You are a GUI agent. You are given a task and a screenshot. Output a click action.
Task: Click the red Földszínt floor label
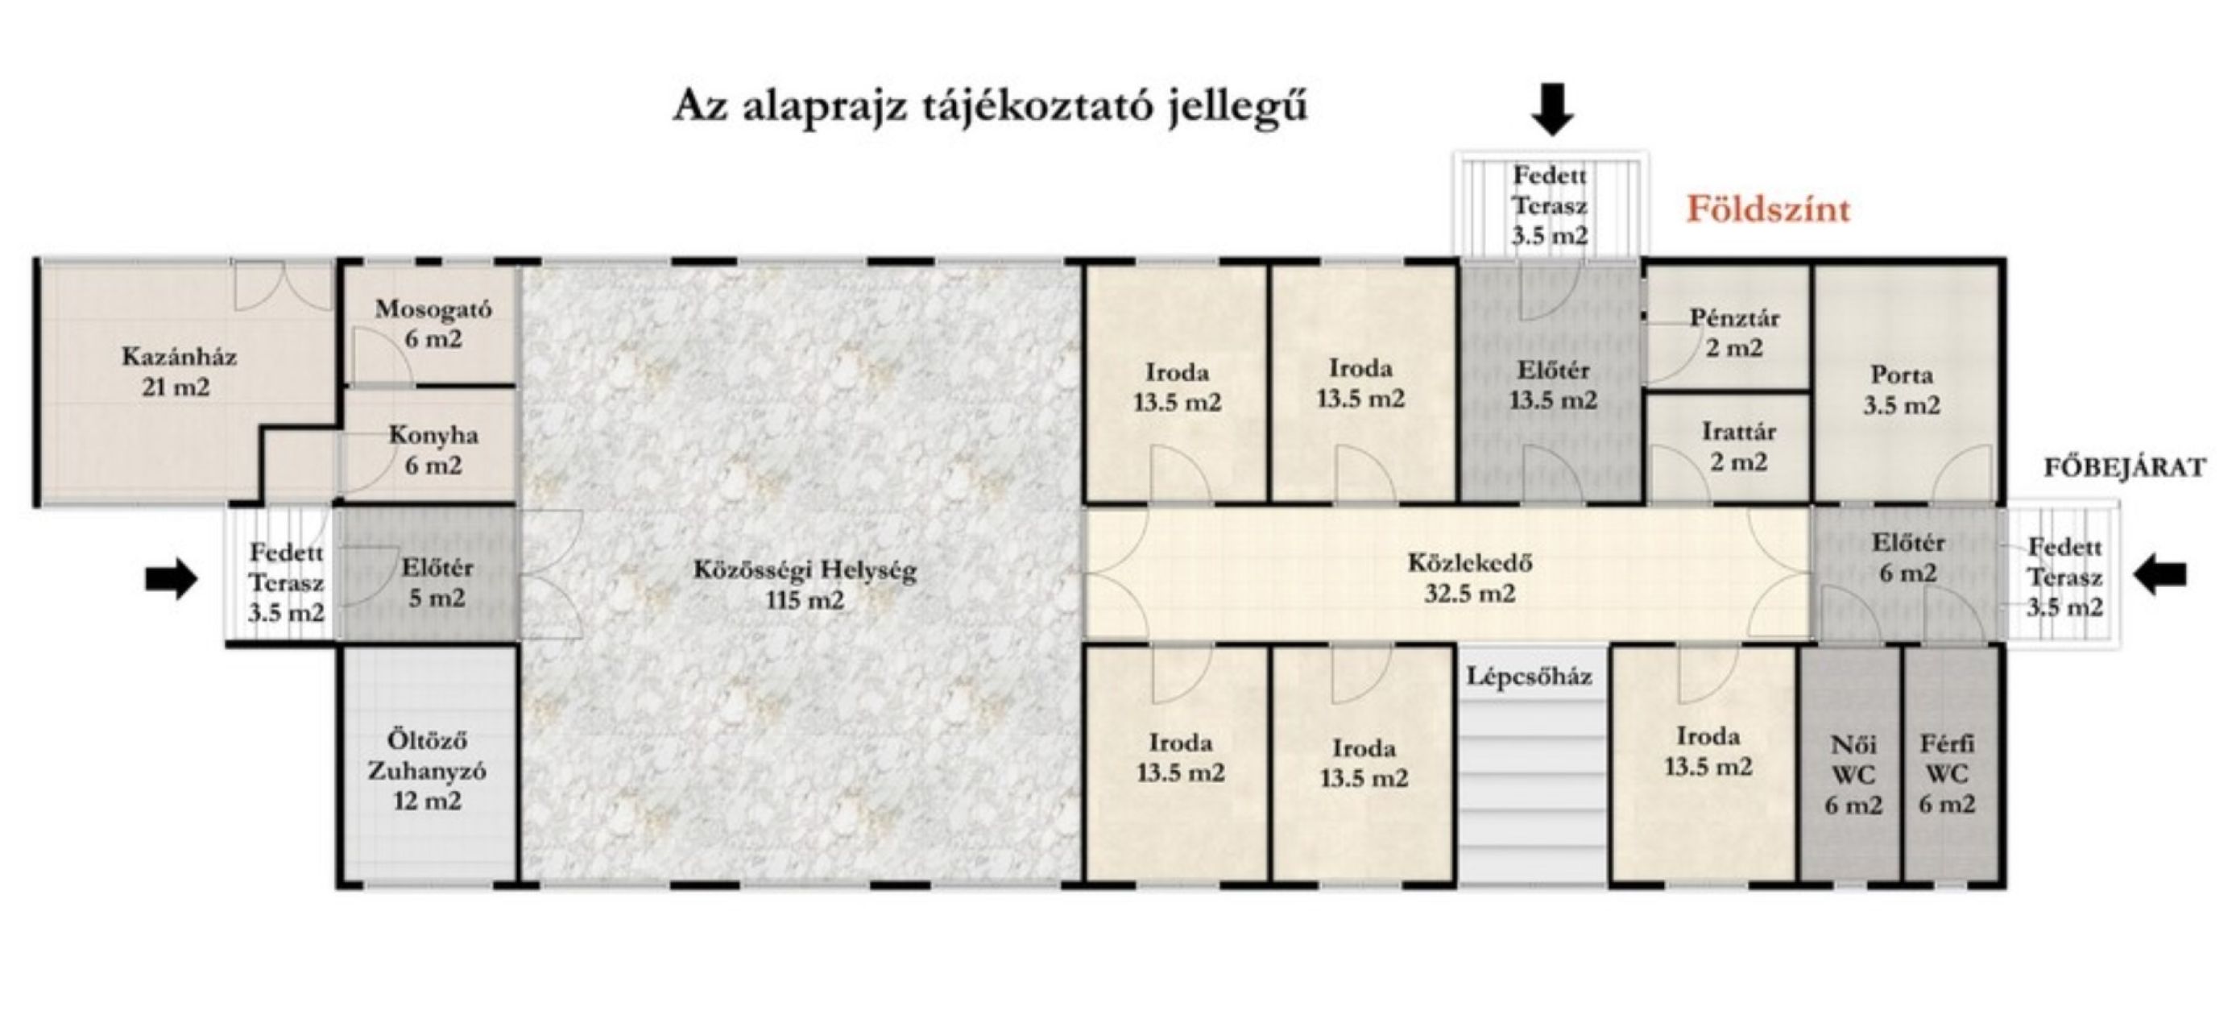click(x=1768, y=209)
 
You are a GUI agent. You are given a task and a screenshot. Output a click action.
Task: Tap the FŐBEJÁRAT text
click(x=2123, y=468)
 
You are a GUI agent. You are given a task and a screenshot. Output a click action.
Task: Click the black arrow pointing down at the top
click(x=1552, y=110)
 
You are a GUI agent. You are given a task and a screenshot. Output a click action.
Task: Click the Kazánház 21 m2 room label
click(x=178, y=371)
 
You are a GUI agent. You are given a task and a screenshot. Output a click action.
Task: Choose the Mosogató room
click(x=433, y=324)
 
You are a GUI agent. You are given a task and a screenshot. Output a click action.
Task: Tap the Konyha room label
click(x=433, y=449)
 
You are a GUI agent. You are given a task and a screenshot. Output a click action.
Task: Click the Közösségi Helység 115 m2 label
click(x=805, y=585)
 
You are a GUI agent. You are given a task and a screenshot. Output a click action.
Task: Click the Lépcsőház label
click(x=1530, y=676)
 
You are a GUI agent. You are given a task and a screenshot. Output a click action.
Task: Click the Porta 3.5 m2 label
click(x=1901, y=390)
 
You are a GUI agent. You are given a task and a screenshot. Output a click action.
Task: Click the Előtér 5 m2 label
click(x=437, y=583)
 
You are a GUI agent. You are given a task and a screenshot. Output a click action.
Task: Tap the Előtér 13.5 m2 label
click(x=1553, y=385)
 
